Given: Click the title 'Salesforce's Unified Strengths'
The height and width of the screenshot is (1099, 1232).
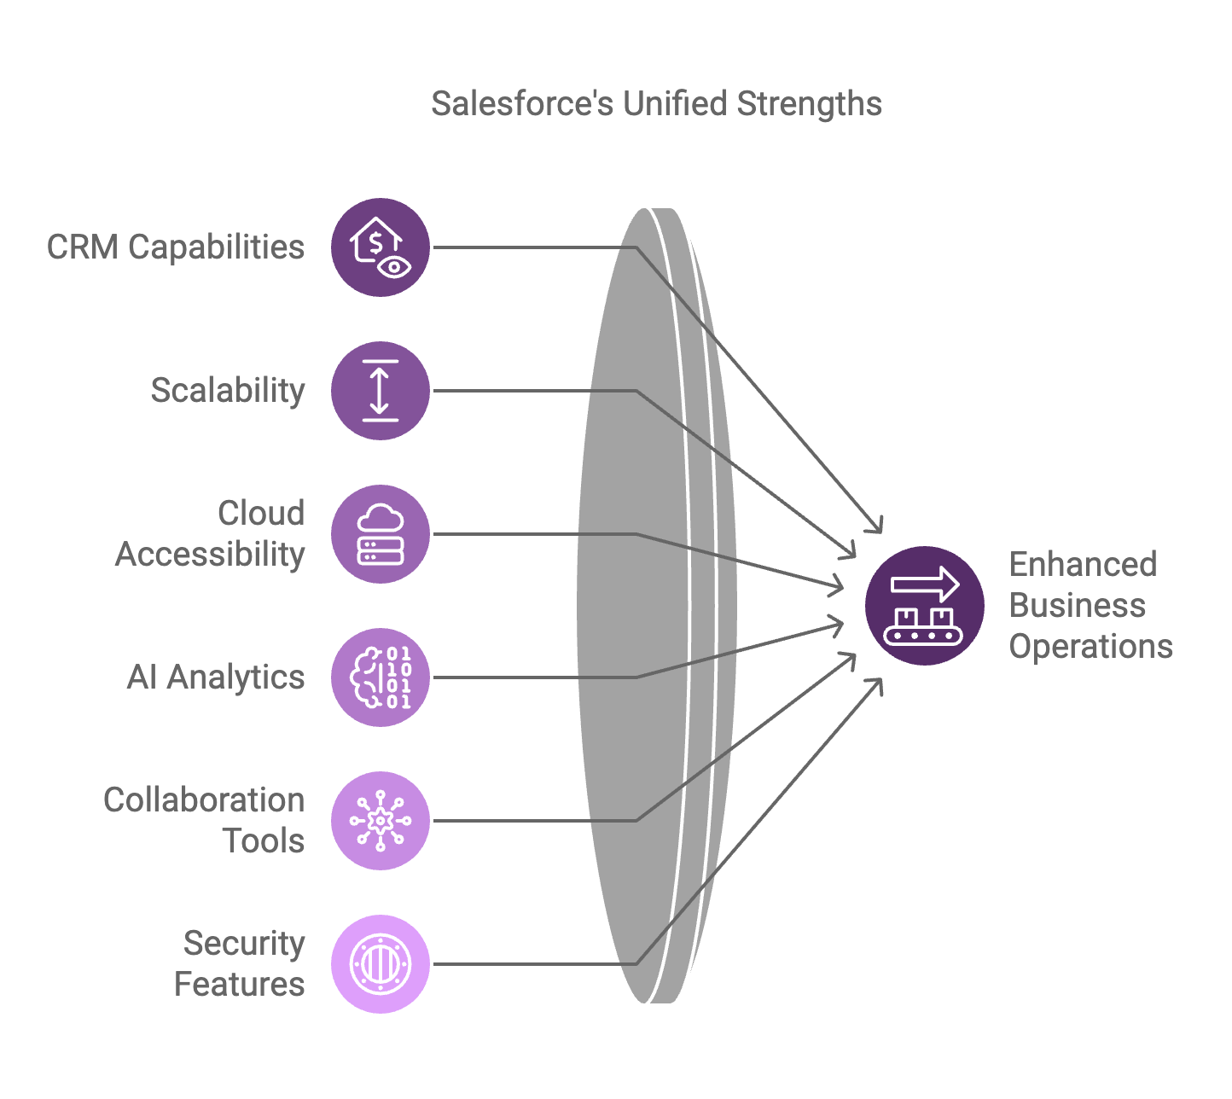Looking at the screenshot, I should pos(656,104).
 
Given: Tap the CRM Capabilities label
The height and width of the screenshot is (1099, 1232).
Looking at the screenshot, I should pos(176,247).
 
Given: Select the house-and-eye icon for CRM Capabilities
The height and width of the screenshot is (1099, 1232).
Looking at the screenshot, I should pos(381,247).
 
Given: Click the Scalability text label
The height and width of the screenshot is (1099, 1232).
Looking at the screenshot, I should pos(228,391).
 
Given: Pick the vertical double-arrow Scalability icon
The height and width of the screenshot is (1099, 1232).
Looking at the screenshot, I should pos(381,391).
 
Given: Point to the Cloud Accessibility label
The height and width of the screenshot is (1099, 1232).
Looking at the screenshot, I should pos(211,533).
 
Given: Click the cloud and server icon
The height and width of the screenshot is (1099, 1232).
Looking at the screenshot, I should pos(381,534).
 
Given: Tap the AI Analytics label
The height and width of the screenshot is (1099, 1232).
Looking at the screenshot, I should pos(216,677).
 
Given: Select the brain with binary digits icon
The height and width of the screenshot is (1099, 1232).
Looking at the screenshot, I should pos(381,677).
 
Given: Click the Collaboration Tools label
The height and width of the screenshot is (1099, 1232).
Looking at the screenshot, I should pos(205,820).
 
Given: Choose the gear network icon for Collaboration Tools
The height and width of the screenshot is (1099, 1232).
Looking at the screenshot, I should pos(381,821).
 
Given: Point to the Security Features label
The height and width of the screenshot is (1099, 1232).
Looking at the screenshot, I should pos(240,963).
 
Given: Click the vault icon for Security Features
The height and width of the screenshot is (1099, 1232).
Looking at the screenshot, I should pos(381,964).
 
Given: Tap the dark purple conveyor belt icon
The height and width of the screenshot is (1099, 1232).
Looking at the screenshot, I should pos(925,606).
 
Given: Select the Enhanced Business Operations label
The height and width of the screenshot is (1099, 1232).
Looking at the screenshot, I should pos(1090,605).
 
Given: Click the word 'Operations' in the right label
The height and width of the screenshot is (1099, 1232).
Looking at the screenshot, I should pos(1090,647).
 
